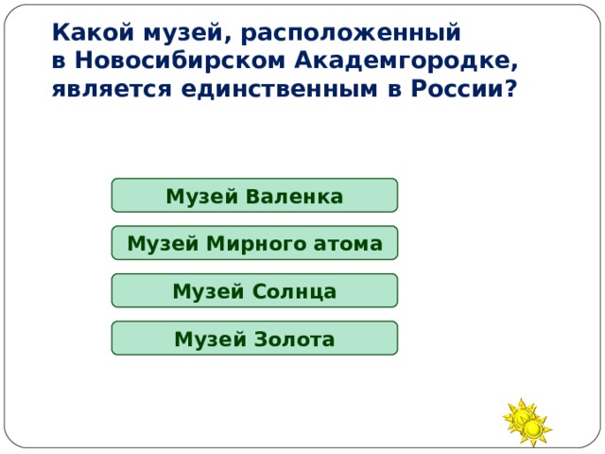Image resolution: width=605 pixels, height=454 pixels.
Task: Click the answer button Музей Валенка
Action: click(x=254, y=196)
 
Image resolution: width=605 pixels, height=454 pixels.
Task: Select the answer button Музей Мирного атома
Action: click(x=254, y=243)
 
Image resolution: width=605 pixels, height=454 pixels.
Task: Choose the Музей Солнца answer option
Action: click(x=254, y=290)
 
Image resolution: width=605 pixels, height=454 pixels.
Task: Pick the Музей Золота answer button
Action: click(x=254, y=338)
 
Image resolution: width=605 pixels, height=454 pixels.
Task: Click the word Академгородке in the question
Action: click(x=405, y=61)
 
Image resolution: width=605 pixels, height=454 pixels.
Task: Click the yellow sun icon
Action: click(x=527, y=422)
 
